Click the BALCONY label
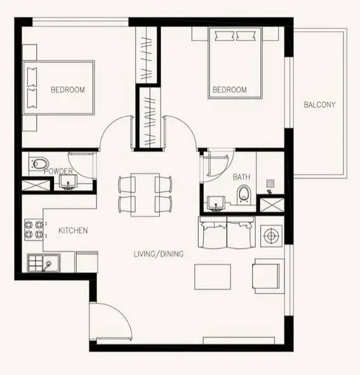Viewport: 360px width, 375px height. coord(319,104)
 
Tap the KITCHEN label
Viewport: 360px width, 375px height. coord(73,231)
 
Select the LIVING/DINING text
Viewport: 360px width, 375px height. coord(159,254)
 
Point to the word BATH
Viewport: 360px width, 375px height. coord(241,177)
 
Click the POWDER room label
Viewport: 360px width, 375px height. coord(58,171)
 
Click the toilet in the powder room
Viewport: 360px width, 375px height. coord(39,164)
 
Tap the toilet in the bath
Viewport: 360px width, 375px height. coord(244,195)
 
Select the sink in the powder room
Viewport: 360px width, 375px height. coord(69,182)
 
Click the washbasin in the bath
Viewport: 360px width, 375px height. coord(216,204)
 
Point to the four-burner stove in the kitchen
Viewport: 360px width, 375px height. coord(34,230)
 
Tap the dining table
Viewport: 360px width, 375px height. coord(145,195)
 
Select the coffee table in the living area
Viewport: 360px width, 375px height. coord(213,276)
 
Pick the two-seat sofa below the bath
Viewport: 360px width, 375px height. coord(227,232)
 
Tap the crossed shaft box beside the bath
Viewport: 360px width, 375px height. coord(272,205)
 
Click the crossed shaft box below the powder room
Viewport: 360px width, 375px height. coord(36,186)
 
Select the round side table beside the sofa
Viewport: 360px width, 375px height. coord(271,236)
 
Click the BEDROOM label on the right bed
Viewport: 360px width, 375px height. coord(230,90)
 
